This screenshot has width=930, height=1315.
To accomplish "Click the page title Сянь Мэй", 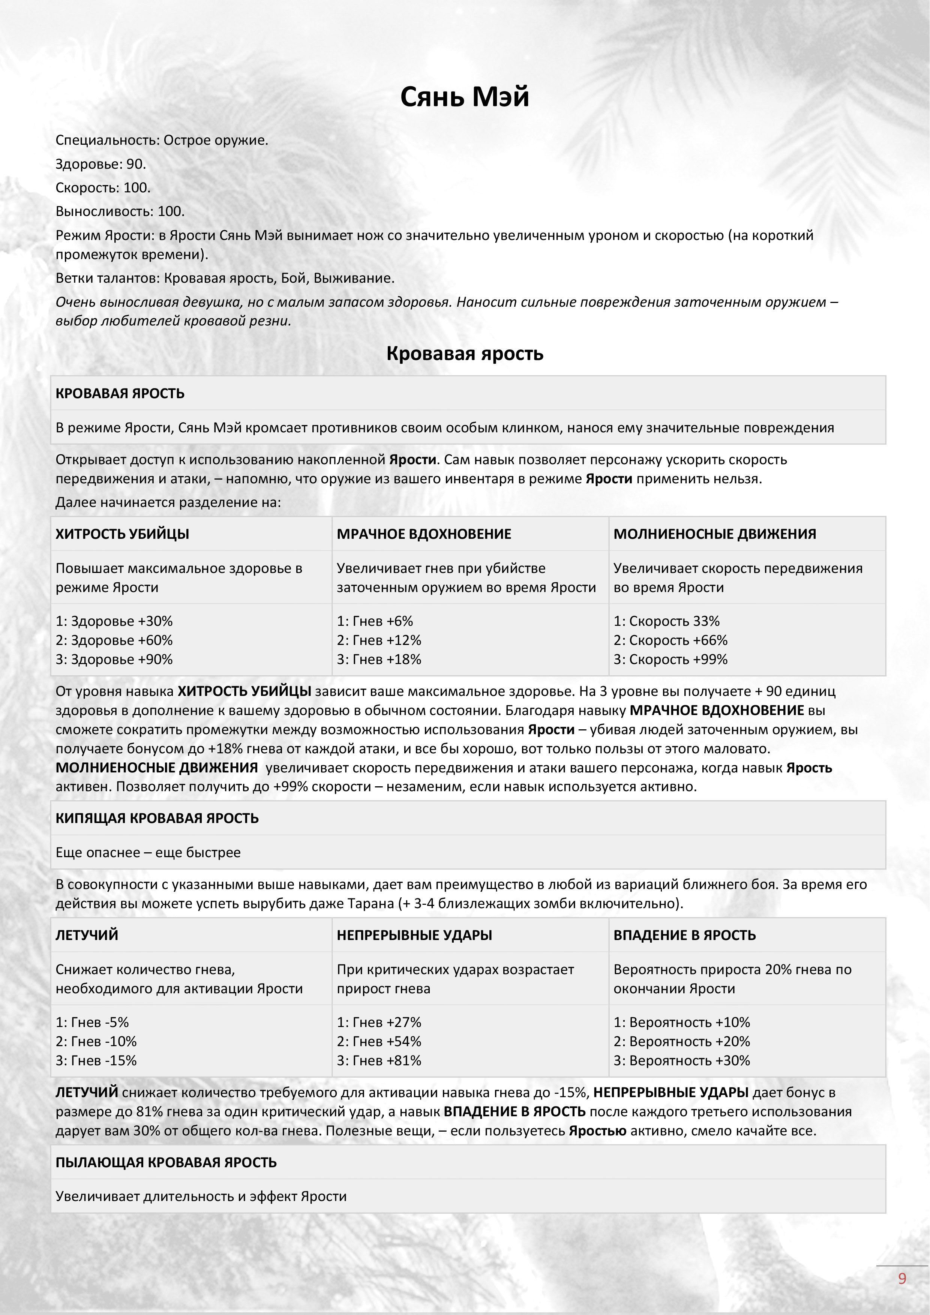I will (464, 97).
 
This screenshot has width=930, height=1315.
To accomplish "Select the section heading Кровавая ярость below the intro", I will (464, 353).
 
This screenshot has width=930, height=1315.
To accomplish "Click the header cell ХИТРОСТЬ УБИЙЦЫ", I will (122, 534).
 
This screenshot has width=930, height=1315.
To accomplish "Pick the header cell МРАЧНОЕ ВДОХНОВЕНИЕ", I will (424, 534).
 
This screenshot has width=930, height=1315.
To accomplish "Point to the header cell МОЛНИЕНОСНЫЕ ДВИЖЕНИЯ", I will (715, 534).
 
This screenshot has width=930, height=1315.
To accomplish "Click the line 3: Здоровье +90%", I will (114, 659).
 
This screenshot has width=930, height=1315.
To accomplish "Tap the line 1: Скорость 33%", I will (667, 621).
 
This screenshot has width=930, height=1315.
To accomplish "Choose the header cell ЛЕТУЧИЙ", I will (87, 935).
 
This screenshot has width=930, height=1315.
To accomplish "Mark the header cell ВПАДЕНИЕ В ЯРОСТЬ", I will (684, 935).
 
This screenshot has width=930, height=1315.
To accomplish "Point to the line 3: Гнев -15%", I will (96, 1061).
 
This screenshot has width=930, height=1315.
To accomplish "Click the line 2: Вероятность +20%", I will (681, 1042).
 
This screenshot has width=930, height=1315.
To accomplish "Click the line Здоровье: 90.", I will (101, 164).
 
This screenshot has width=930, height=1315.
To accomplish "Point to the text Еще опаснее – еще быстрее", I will (148, 852).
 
